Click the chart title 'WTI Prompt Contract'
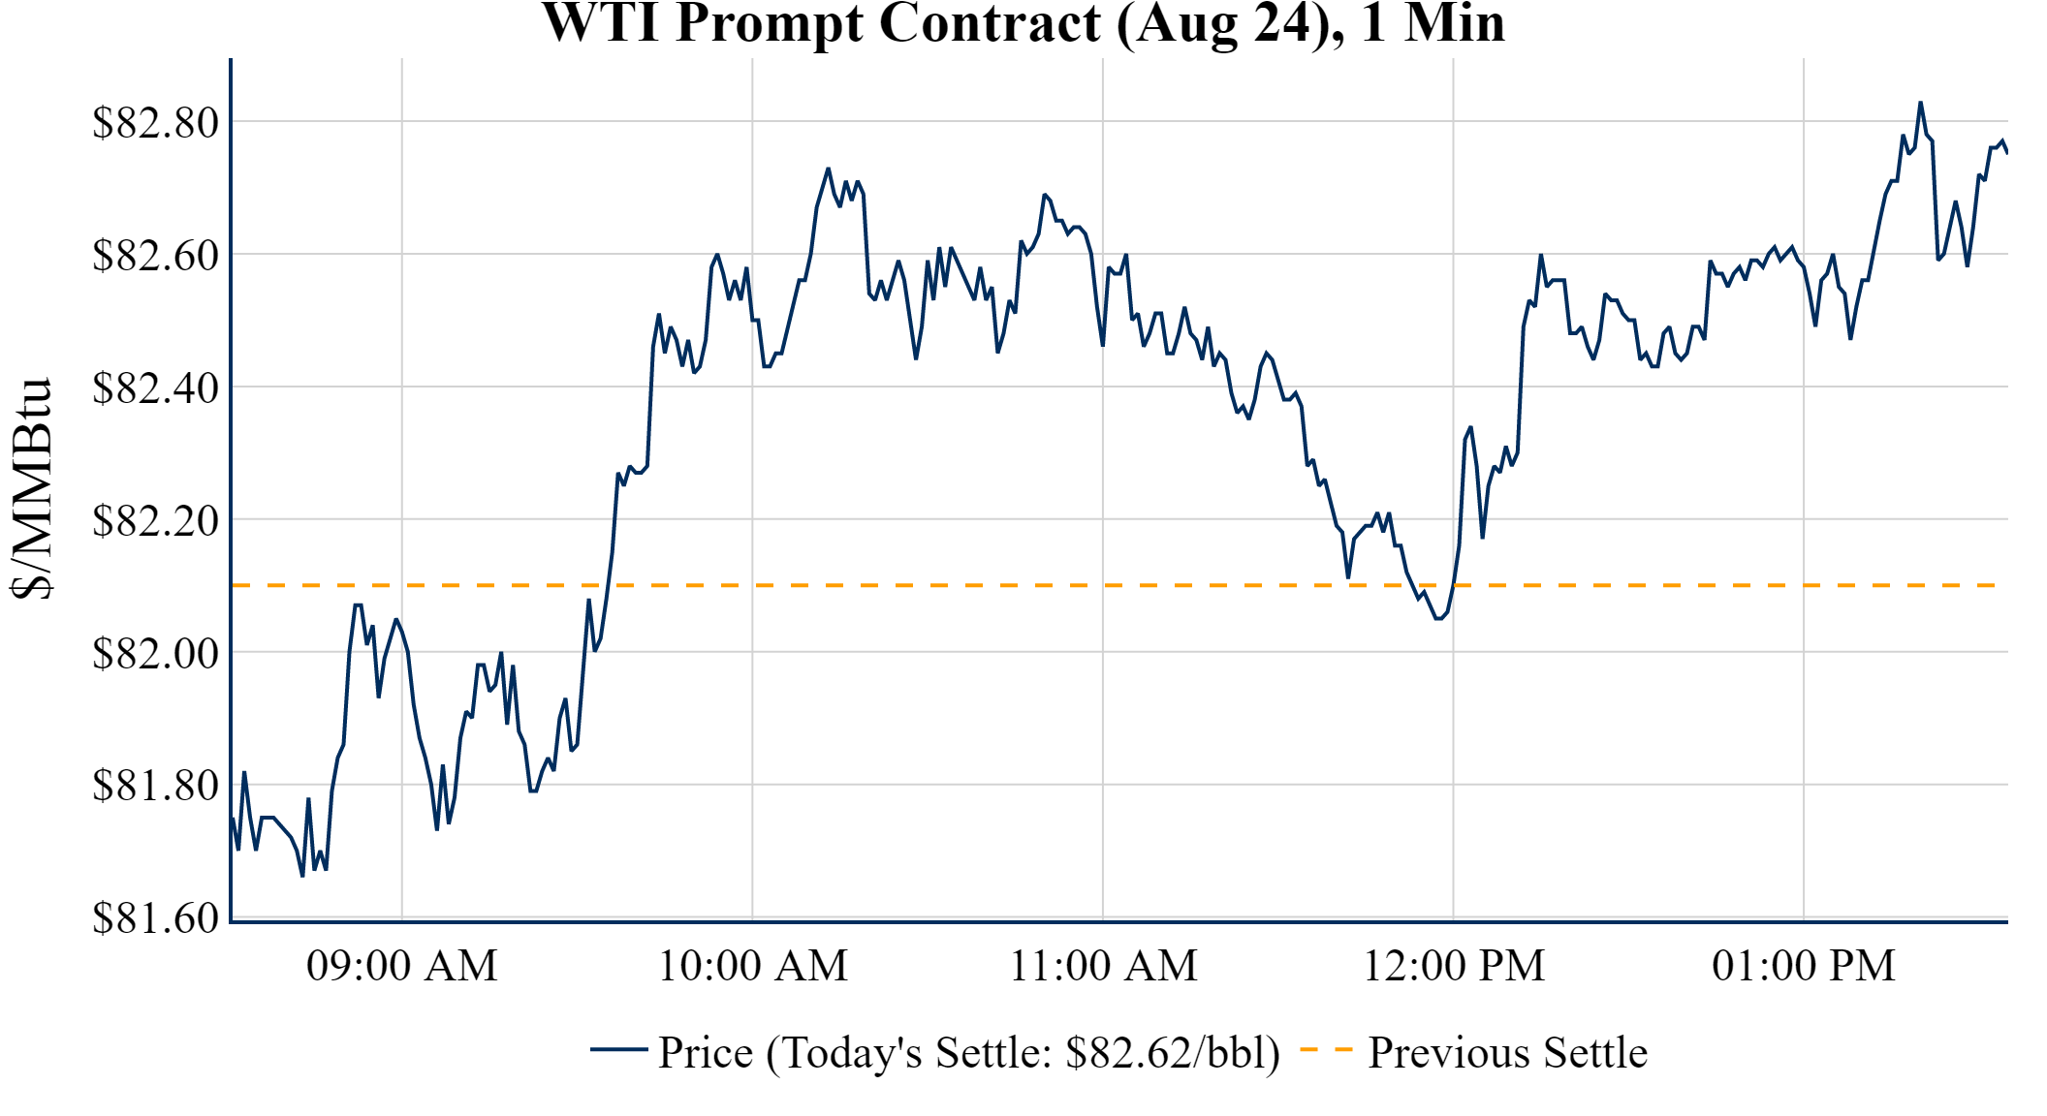[1023, 23]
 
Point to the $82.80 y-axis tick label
[155, 123]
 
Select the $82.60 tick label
[155, 256]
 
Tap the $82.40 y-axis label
[155, 388]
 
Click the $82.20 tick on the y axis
[155, 521]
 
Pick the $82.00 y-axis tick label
[155, 654]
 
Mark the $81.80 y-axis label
[155, 786]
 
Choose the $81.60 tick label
[155, 917]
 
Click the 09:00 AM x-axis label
[401, 966]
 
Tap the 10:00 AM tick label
[752, 966]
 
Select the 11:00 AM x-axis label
[1103, 966]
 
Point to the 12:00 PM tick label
[1453, 966]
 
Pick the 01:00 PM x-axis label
[1803, 966]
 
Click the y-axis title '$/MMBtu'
[31, 488]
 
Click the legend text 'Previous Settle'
[1507, 1053]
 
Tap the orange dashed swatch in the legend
[1325, 1050]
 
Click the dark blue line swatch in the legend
[618, 1050]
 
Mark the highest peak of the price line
[1920, 103]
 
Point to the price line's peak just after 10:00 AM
[828, 169]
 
